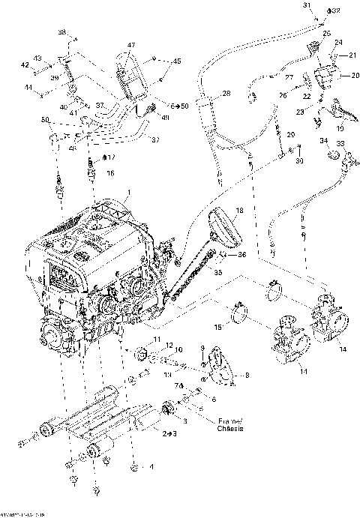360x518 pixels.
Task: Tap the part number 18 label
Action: point(239,211)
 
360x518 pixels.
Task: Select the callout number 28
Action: point(226,93)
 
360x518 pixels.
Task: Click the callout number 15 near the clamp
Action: point(219,327)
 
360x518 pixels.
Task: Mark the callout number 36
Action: point(241,255)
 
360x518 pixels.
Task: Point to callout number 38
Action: point(62,32)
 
